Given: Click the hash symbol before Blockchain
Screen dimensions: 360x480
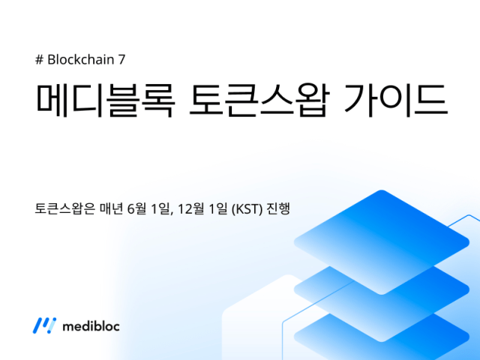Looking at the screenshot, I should coord(40,60).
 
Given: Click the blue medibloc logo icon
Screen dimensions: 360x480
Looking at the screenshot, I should coord(43,325).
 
